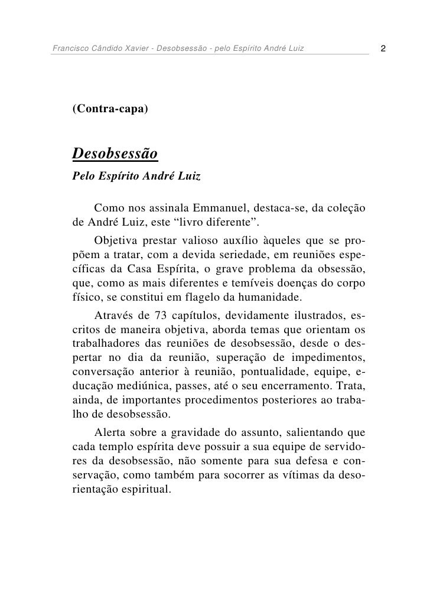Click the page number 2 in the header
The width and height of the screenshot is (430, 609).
pyautogui.click(x=384, y=47)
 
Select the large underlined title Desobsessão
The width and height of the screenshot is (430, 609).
pyautogui.click(x=115, y=154)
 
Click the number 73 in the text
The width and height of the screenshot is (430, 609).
pyautogui.click(x=161, y=313)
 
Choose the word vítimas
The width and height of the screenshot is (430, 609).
pyautogui.click(x=282, y=474)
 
